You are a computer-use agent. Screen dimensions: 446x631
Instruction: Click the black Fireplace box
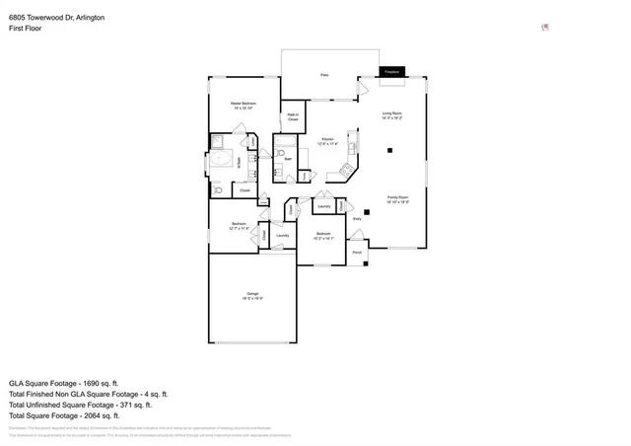point(390,72)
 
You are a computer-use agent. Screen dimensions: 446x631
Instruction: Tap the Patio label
point(323,75)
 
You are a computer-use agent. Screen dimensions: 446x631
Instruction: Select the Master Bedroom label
point(244,105)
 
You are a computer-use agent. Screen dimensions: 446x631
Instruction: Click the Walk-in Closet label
point(293,116)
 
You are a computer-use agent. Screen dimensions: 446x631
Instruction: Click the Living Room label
point(392,115)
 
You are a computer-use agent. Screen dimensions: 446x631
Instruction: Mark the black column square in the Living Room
point(391,150)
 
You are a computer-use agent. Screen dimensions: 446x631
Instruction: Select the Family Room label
point(397,198)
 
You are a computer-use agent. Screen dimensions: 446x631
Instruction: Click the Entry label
point(357,219)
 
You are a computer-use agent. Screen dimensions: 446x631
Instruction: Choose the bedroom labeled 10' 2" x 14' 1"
point(323,236)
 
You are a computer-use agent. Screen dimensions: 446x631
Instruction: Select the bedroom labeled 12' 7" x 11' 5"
point(239,226)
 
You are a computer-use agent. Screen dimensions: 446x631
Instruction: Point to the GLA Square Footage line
point(63,382)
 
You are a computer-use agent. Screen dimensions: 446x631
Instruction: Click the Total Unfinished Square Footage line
point(80,405)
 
